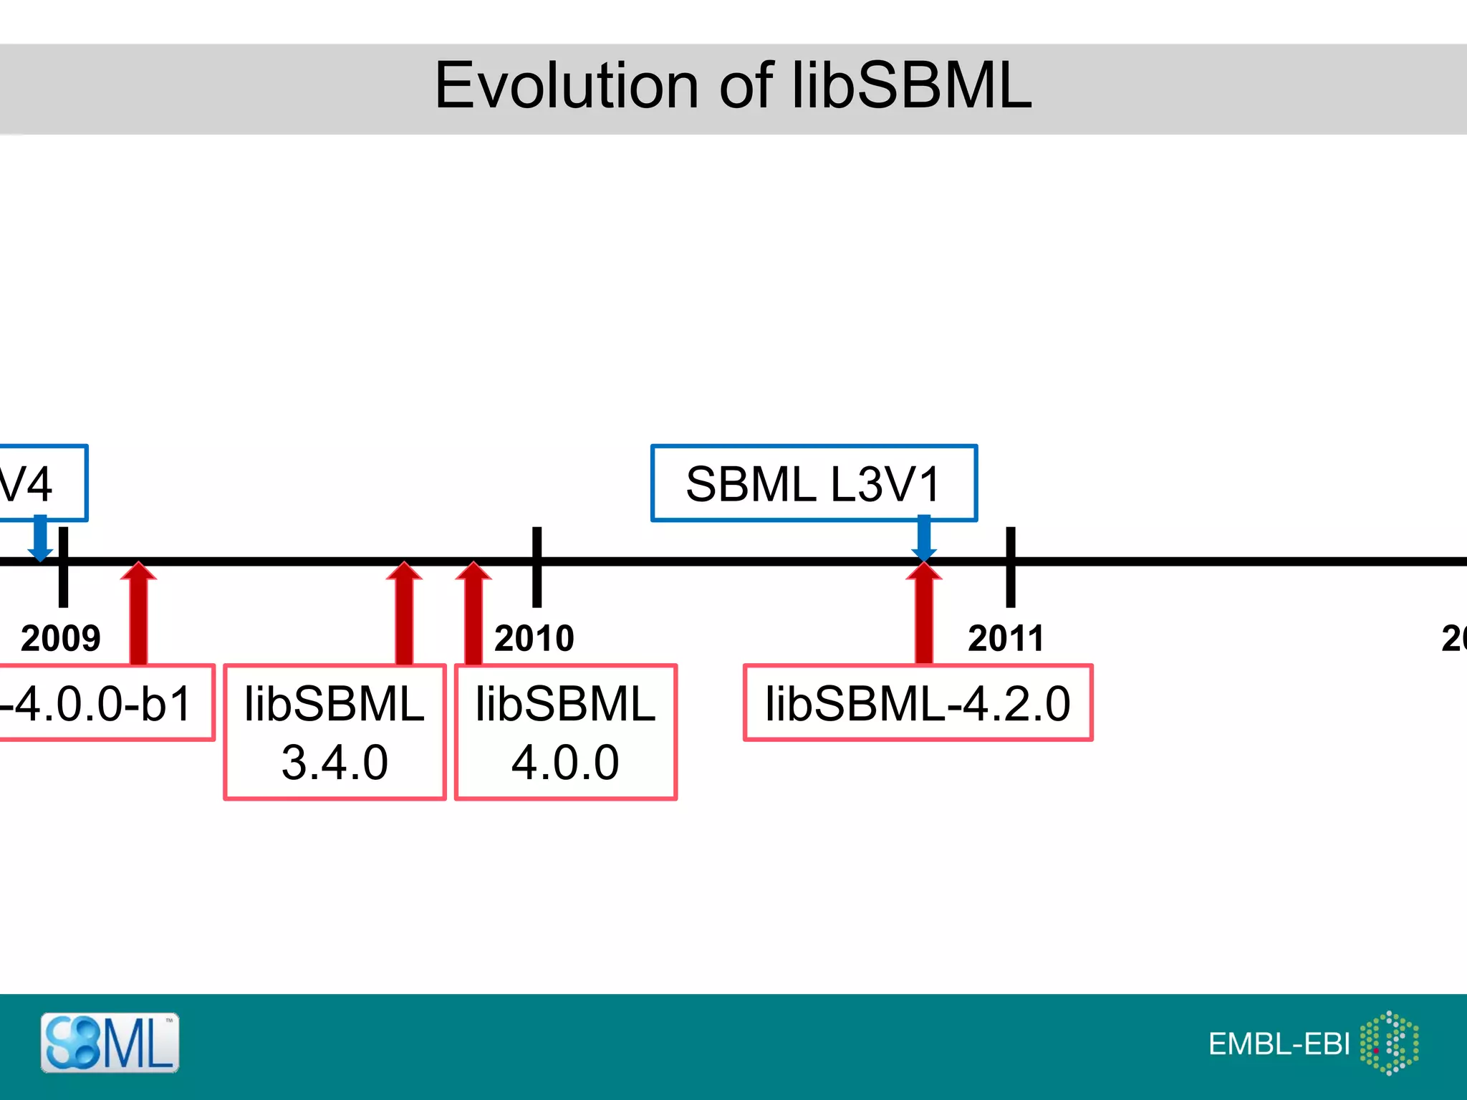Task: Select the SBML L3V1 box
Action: pyautogui.click(x=814, y=483)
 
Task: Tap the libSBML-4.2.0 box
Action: pyautogui.click(x=918, y=703)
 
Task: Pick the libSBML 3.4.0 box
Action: pyautogui.click(x=335, y=732)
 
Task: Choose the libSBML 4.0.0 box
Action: pyautogui.click(x=565, y=732)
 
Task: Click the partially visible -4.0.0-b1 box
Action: pyautogui.click(x=100, y=703)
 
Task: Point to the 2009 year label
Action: pyautogui.click(x=60, y=638)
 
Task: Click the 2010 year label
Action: pyautogui.click(x=534, y=638)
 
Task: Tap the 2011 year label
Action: pyautogui.click(x=1006, y=638)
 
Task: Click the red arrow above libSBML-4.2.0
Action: pyautogui.click(x=924, y=616)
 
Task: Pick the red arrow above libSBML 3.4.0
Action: pyautogui.click(x=404, y=616)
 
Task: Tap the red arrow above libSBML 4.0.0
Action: pyautogui.click(x=473, y=616)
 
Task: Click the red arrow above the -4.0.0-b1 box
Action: pyautogui.click(x=138, y=616)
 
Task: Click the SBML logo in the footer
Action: pyautogui.click(x=110, y=1043)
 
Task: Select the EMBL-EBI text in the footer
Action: pyautogui.click(x=1279, y=1044)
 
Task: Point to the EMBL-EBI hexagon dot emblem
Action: pyautogui.click(x=1390, y=1043)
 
